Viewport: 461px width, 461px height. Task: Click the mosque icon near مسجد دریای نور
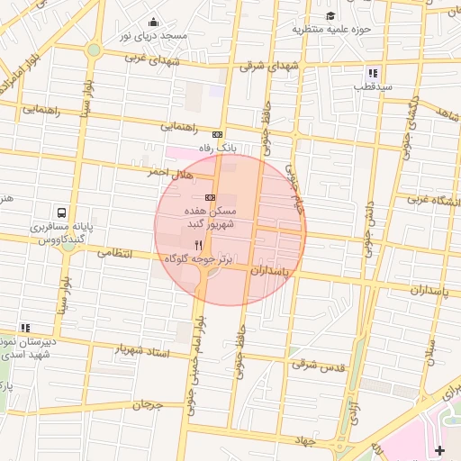point(153,23)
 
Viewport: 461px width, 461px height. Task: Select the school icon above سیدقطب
point(372,73)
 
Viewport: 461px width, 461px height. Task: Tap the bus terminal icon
point(61,213)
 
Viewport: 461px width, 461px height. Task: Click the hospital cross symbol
point(439,449)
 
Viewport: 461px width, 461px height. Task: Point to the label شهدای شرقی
point(270,66)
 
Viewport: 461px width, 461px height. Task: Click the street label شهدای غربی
point(180,59)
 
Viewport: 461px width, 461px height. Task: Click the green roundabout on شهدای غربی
point(94,50)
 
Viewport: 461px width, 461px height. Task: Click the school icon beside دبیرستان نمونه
point(25,328)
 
